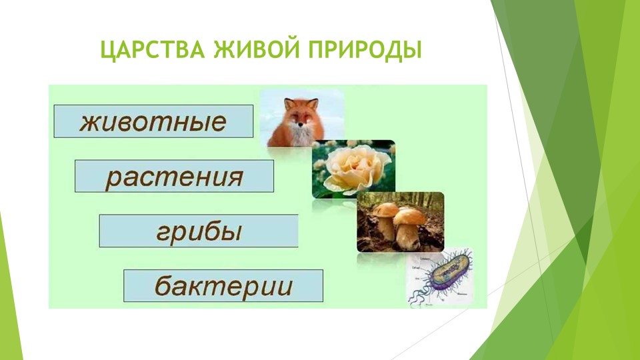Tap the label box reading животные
click(x=153, y=121)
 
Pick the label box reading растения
click(x=174, y=176)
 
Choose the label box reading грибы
click(x=199, y=231)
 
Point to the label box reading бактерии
click(x=223, y=285)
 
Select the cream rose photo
click(x=353, y=169)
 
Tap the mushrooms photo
click(x=400, y=222)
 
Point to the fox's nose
click(x=299, y=127)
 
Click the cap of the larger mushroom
click(x=409, y=215)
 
